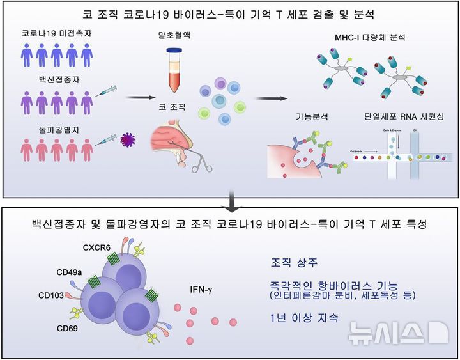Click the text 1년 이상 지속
[303, 318]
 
